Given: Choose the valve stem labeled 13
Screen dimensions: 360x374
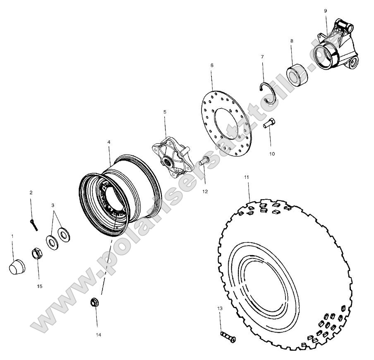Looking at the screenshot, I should pos(227,336).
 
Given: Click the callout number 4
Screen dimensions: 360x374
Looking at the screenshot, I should pos(109,142).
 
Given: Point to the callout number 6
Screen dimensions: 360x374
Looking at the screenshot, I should pos(212,65).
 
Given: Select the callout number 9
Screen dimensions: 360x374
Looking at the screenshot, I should pos(325,10).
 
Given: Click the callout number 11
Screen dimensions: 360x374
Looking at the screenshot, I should pos(247,177).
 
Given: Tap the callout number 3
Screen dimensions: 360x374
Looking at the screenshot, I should pos(53,205).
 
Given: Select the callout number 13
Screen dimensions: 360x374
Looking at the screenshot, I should pos(220,309).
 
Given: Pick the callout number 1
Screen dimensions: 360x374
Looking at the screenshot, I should pos(12,236).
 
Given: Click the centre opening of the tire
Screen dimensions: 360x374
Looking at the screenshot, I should pos(265,288).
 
